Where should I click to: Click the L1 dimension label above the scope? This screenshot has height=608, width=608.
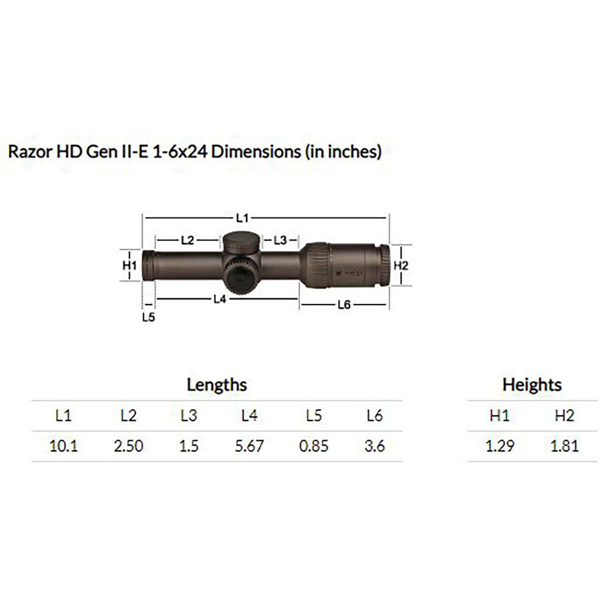point(243,218)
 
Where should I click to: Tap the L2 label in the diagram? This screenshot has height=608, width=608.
point(187,240)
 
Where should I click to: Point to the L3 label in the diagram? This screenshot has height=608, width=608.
point(280,240)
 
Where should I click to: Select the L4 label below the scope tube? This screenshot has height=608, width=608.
point(219,299)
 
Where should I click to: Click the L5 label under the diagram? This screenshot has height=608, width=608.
point(148,318)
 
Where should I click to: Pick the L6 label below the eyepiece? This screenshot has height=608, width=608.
point(344,305)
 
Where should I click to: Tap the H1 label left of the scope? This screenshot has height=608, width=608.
point(130,265)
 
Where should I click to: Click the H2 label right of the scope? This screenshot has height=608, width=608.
point(401,265)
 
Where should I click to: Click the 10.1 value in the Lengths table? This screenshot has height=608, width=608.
point(63,446)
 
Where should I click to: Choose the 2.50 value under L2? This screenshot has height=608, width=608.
point(128,446)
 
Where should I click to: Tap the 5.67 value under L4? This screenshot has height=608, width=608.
point(249,446)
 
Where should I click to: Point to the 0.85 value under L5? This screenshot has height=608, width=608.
point(314,446)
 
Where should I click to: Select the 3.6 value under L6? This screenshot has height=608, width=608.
point(374,446)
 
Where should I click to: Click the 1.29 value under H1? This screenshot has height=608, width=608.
point(500,446)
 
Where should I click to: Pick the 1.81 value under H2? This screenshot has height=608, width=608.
point(564,446)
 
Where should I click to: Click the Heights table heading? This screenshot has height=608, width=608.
point(532,385)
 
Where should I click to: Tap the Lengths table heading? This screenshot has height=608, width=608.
point(217,385)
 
